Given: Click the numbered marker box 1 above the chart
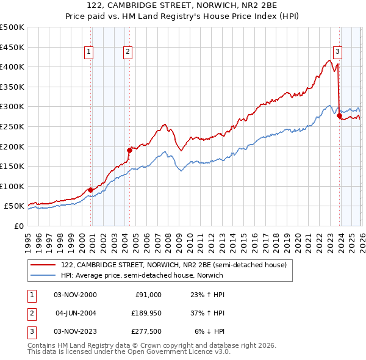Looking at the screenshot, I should (x=89, y=52).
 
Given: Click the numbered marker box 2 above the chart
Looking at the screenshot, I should (x=128, y=52).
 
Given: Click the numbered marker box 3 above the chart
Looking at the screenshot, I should (x=337, y=52).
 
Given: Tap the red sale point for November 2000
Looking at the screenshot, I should (x=91, y=190).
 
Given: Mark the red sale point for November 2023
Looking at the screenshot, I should (x=339, y=116).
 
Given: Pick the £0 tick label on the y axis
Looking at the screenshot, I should (x=20, y=226).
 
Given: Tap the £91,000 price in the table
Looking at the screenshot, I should (x=148, y=295).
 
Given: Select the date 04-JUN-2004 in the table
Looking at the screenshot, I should (x=76, y=313).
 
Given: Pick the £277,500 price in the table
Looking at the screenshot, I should (x=146, y=331).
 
